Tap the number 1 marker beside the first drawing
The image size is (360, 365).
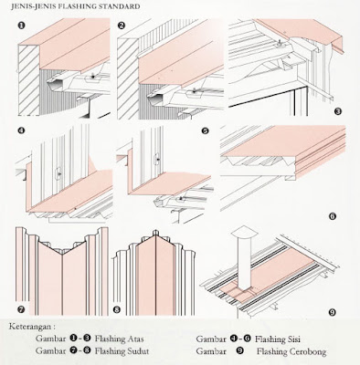click(x=21, y=26)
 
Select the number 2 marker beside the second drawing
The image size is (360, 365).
click(x=122, y=26)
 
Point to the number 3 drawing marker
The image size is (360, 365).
click(x=338, y=111)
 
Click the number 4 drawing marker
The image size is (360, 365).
click(x=21, y=130)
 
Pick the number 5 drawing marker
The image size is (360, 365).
click(x=205, y=130)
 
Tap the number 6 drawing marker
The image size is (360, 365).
click(x=333, y=216)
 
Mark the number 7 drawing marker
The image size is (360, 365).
click(x=21, y=309)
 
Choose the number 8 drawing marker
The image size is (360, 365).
click(x=117, y=309)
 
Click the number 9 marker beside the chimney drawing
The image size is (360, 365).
click(x=333, y=312)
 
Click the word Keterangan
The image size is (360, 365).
click(x=30, y=327)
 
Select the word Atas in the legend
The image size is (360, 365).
click(x=135, y=339)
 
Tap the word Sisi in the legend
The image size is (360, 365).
click(x=293, y=339)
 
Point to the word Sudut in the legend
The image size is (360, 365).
click(x=138, y=351)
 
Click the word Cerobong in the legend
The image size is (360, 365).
click(x=307, y=351)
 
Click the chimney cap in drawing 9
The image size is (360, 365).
click(x=245, y=233)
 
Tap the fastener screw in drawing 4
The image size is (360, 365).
click(x=59, y=173)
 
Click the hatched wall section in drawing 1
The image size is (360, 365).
click(x=29, y=80)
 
